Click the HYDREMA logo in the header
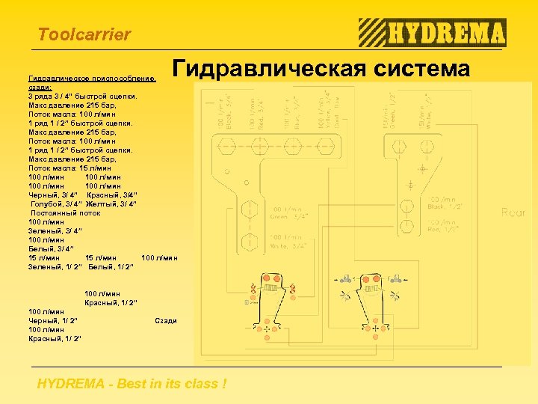432,33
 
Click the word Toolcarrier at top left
84,34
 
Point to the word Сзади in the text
165,321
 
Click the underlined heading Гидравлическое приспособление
91,79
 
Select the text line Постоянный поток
65,213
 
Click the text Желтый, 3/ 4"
110,204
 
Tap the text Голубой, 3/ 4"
53,204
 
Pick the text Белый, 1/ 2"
111,267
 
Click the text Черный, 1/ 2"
52,321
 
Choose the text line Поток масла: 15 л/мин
72,168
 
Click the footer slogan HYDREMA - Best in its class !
132,385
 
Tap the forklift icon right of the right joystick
397,279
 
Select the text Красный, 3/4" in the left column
111,195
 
